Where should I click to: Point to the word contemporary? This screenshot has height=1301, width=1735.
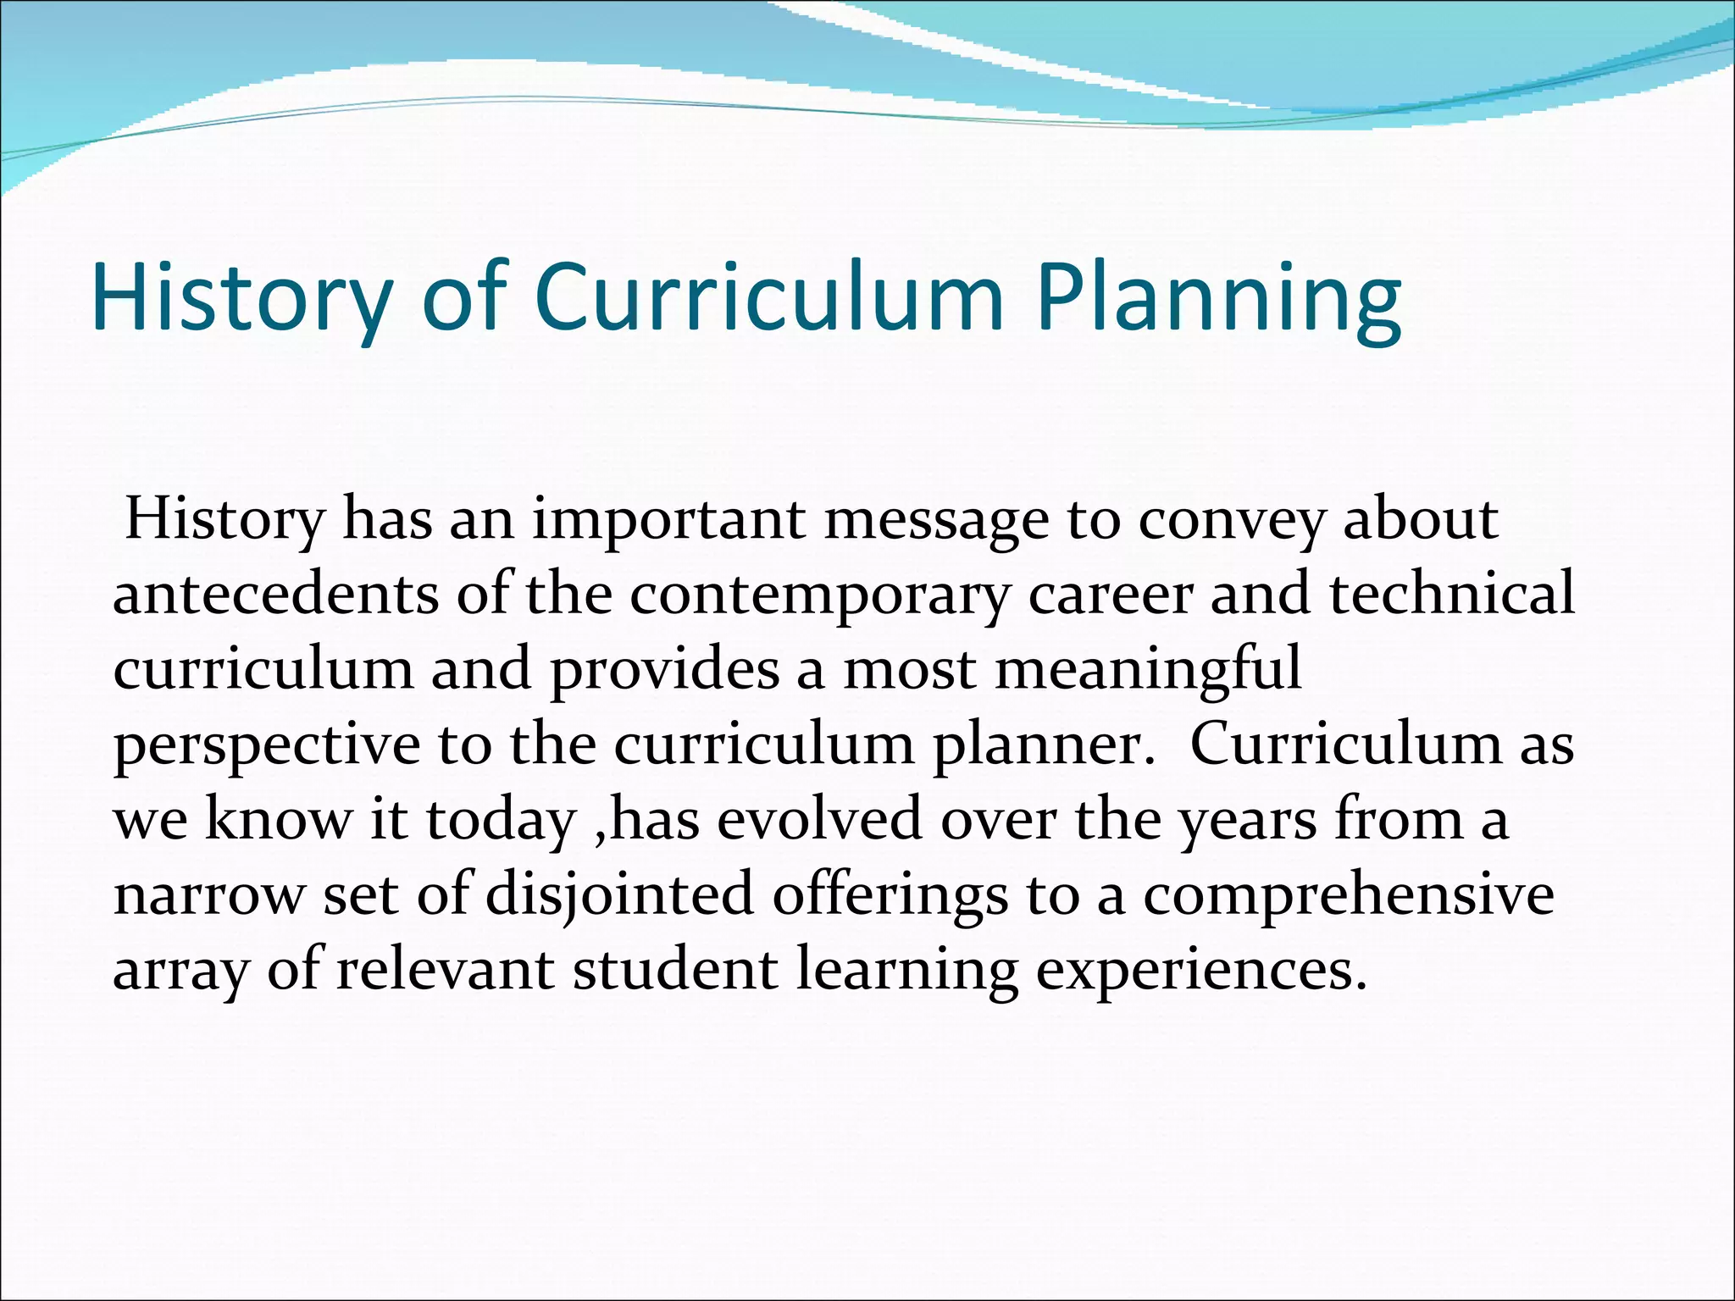coord(819,595)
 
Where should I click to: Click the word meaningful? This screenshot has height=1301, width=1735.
coord(1147,669)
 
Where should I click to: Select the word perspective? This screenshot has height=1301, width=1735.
coord(267,745)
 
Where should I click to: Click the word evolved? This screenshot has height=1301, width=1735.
coord(819,820)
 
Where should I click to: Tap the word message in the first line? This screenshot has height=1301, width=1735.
coord(936,519)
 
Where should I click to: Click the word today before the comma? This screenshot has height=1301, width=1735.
coord(500,820)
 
